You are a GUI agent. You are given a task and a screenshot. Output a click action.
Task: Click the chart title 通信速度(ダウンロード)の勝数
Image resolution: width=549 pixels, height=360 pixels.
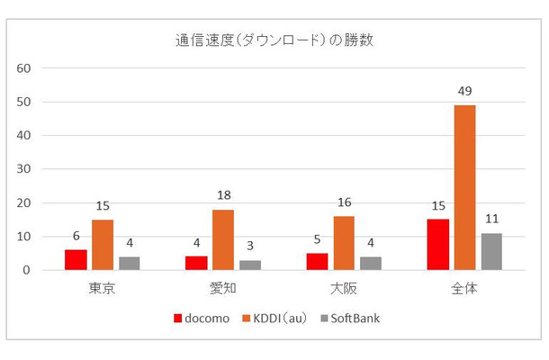274,40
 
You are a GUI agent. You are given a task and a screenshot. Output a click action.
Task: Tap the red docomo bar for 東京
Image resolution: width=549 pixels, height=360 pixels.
76,260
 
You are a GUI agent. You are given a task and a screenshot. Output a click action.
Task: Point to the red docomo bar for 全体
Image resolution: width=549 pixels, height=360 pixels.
438,245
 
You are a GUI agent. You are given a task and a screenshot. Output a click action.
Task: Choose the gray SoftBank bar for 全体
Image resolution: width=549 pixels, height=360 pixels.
490,251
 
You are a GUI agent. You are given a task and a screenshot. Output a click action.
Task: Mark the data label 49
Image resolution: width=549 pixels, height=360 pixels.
464,91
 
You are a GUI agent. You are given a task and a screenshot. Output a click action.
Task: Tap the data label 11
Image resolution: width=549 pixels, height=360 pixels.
490,219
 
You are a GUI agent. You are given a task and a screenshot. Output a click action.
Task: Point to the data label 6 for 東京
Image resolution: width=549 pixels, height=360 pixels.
76,236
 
